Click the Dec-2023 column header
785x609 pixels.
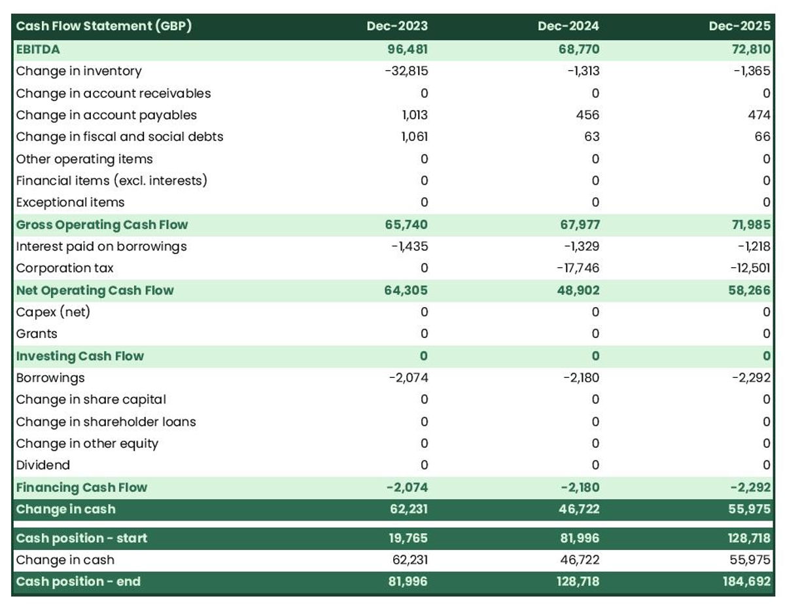[397, 26]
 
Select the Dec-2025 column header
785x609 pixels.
[739, 26]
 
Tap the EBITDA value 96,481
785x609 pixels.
[407, 50]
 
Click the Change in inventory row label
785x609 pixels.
[78, 71]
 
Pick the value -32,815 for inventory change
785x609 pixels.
[406, 71]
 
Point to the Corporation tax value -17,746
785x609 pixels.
[578, 268]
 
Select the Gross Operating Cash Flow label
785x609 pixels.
[101, 225]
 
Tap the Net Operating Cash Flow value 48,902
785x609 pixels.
[578, 290]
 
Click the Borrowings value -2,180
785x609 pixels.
[581, 378]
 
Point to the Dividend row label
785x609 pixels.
[43, 466]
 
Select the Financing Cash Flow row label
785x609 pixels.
[82, 488]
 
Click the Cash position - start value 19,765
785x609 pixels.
[408, 538]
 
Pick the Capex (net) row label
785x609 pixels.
[53, 312]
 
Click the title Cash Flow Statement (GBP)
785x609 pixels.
[103, 26]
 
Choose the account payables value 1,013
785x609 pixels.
[415, 115]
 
